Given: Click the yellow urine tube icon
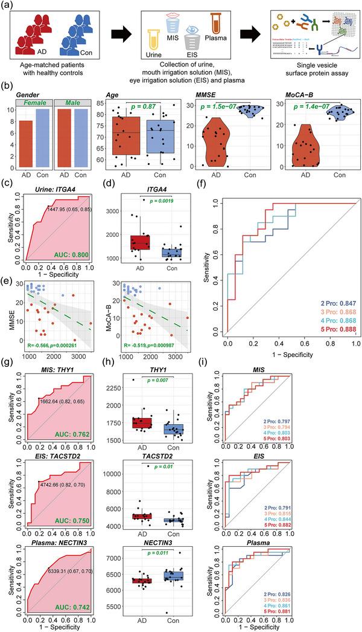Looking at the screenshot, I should point(161,51).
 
